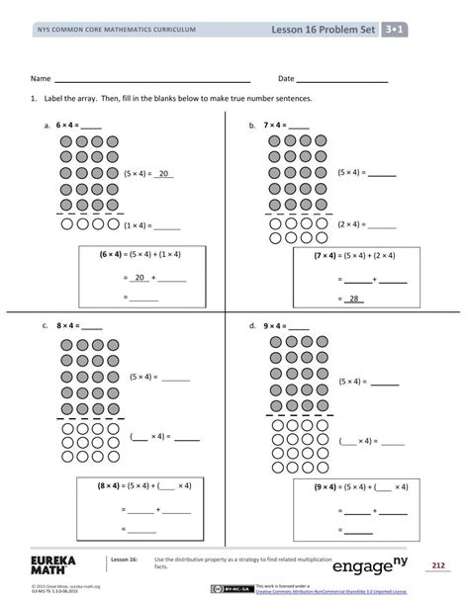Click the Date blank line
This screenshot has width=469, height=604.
pyautogui.click(x=343, y=79)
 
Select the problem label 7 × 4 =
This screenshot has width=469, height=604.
pyautogui.click(x=287, y=126)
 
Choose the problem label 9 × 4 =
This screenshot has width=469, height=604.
pyautogui.click(x=287, y=324)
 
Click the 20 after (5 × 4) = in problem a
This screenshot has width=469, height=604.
pyautogui.click(x=165, y=174)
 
